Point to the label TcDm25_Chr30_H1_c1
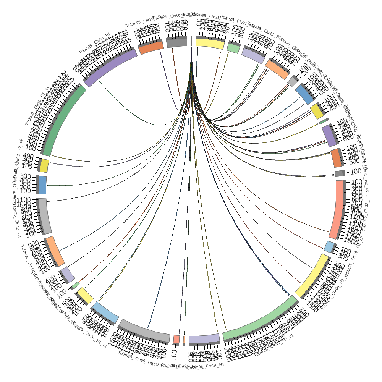click(37, 105)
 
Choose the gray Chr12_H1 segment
click(45, 216)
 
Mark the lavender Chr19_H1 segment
click(204, 339)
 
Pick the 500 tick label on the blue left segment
click(26, 176)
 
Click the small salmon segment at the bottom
click(176, 339)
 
